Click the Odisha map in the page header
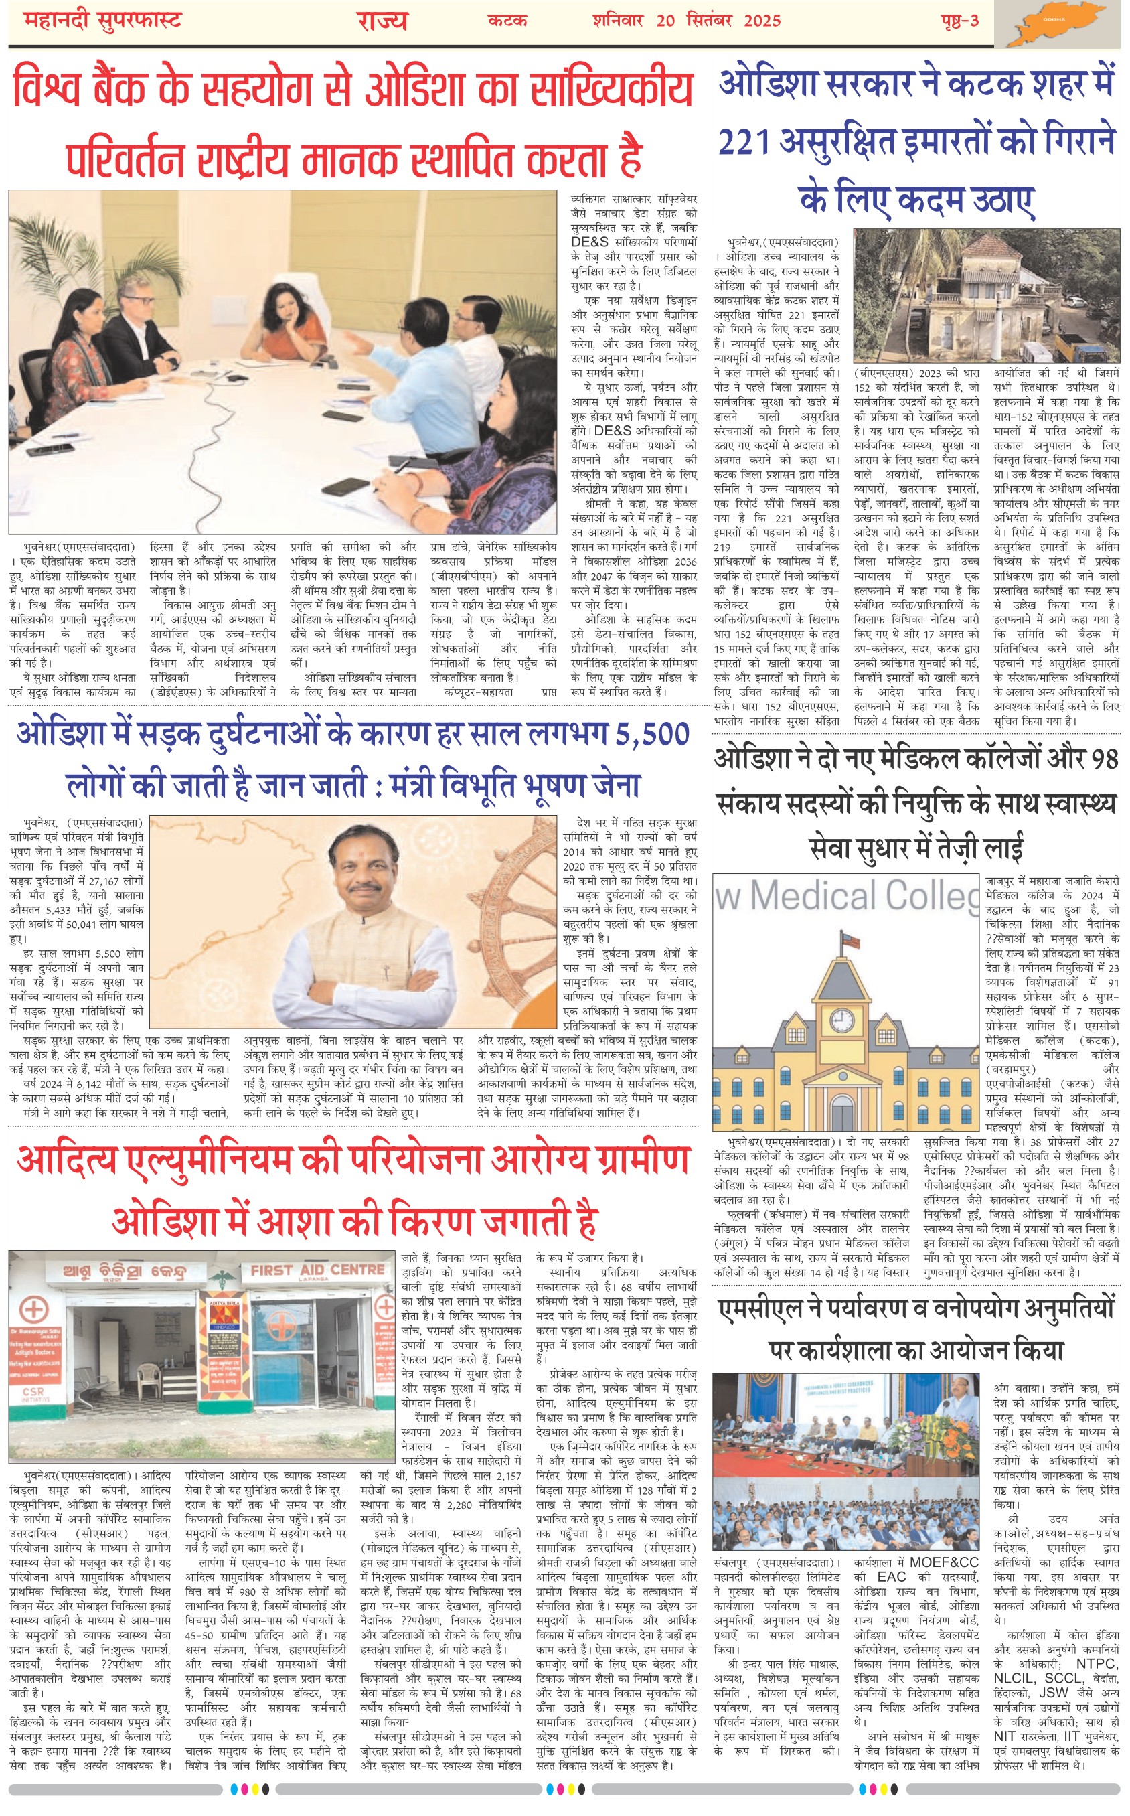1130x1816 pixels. click(x=1060, y=24)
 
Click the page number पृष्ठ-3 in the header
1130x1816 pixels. click(x=959, y=20)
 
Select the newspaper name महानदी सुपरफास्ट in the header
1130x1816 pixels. click(x=103, y=20)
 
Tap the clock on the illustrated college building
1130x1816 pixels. click(x=841, y=1019)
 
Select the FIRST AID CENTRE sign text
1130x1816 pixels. click(x=317, y=1270)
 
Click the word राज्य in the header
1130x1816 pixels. click(x=382, y=20)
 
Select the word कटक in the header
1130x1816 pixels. click(x=507, y=20)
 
